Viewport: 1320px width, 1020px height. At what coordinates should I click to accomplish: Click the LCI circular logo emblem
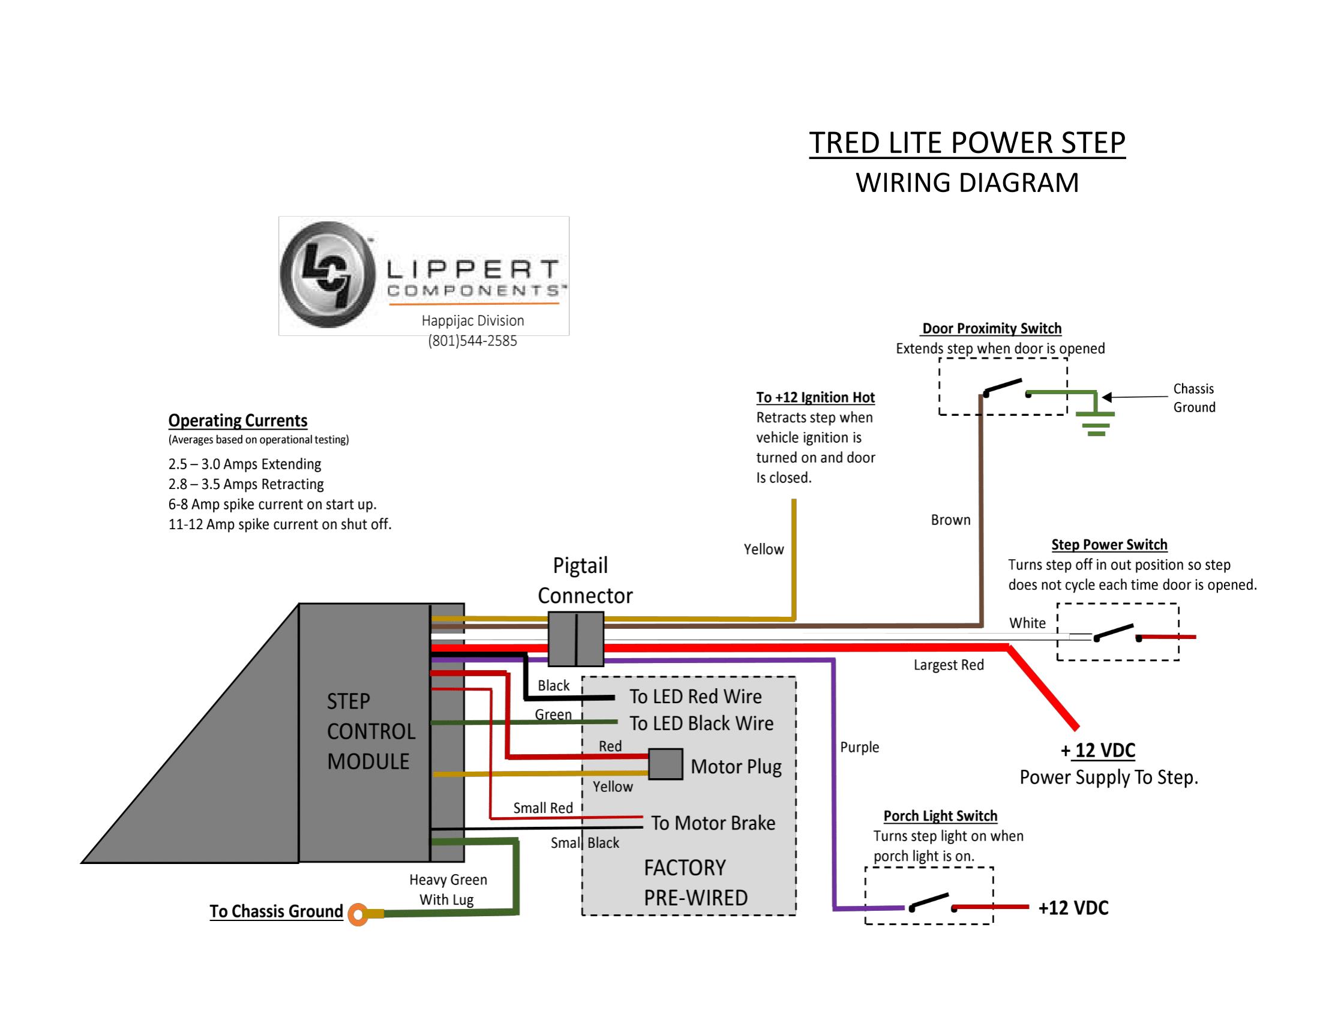[x=326, y=275]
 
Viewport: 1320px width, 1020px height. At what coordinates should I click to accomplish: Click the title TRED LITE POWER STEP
[x=967, y=143]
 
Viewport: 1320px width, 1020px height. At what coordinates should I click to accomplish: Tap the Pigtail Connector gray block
[x=575, y=638]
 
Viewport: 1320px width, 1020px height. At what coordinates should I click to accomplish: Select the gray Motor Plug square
[x=665, y=764]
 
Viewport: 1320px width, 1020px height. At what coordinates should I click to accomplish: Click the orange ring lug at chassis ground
[x=358, y=914]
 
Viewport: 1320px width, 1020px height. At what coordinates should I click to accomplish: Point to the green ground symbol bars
[x=1096, y=424]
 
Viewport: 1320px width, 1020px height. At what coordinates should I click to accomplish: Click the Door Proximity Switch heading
[x=991, y=329]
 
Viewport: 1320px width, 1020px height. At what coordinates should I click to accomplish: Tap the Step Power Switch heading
[x=1109, y=544]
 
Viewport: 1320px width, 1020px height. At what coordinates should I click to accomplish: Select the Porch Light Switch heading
[x=940, y=816]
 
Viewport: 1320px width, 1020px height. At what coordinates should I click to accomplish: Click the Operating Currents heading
[x=238, y=421]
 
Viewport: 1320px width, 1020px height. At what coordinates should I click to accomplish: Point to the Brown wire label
[x=950, y=520]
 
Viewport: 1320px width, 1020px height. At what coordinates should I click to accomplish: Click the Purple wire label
[x=859, y=747]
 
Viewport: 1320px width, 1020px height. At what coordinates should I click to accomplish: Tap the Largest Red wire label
[x=948, y=665]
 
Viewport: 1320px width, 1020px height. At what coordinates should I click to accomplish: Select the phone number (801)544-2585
[x=472, y=341]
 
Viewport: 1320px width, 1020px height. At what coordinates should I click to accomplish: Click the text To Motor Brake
[x=713, y=823]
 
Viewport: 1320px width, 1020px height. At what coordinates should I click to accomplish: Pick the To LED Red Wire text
[x=695, y=697]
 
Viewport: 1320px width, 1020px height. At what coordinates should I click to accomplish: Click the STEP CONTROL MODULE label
[x=370, y=731]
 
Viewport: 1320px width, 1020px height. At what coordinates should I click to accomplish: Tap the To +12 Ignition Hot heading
[x=815, y=398]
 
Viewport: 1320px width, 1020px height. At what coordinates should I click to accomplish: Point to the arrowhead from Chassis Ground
[x=1107, y=397]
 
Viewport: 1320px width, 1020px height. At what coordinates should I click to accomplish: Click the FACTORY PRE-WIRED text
[x=694, y=883]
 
